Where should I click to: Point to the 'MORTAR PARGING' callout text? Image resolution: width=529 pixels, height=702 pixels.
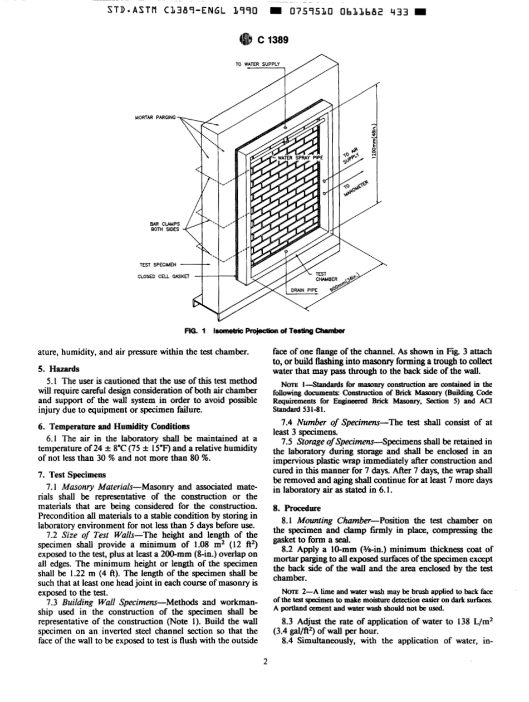point(155,118)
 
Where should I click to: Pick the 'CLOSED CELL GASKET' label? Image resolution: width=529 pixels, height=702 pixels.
point(164,276)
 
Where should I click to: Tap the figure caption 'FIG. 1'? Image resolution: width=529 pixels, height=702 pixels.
point(196,330)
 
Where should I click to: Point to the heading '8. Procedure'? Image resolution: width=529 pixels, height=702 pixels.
point(294,508)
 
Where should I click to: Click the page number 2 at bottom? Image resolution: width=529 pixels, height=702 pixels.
point(265,661)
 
